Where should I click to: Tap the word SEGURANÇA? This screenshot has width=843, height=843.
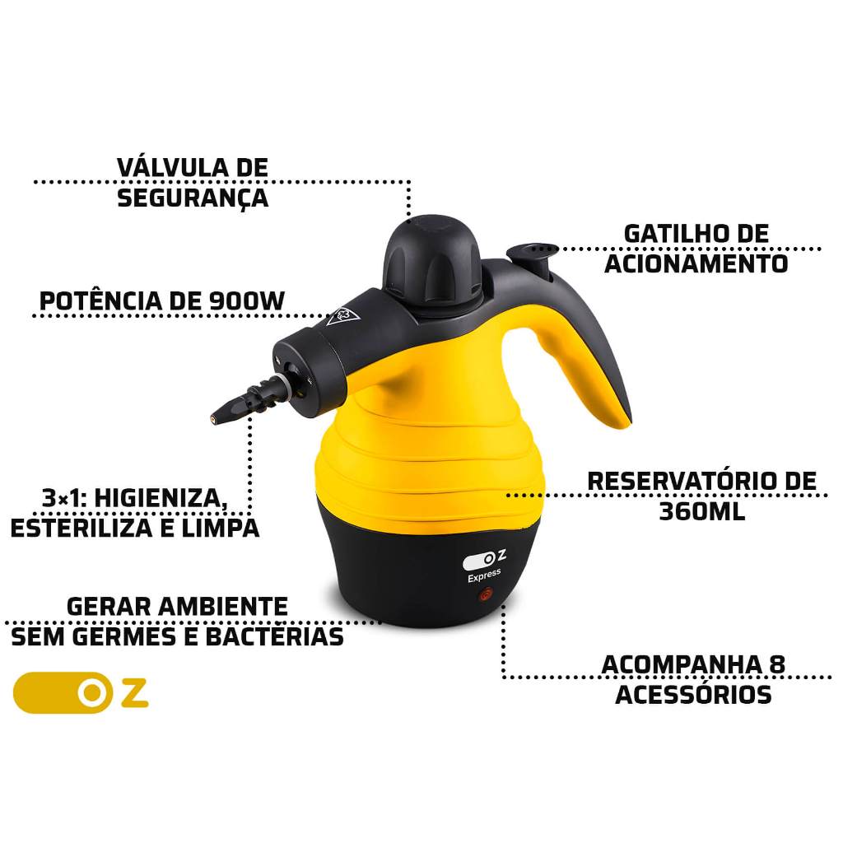coord(193,198)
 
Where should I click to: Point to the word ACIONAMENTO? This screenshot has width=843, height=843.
coord(696,264)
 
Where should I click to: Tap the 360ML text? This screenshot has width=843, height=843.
coord(702,511)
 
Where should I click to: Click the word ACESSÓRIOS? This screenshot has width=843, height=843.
coord(693,695)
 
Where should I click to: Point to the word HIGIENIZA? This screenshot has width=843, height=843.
coord(161,498)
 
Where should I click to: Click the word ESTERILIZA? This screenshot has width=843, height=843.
coord(82,528)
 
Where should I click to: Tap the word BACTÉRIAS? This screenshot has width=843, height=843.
coord(275,636)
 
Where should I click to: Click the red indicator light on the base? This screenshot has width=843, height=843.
coord(486,596)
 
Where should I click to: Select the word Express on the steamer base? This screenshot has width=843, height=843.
coord(484,575)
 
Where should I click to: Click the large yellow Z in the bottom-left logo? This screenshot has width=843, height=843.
coord(134,693)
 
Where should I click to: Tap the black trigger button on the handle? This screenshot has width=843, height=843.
coord(533,255)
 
